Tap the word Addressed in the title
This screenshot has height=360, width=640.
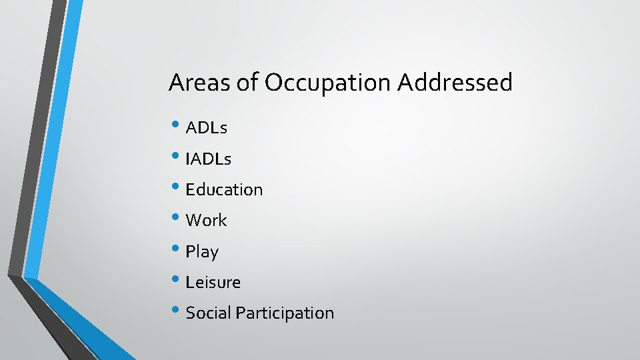pos(455,83)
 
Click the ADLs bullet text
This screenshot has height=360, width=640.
pos(207,128)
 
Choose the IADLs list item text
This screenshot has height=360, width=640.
pos(209,159)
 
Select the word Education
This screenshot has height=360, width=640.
pos(225,190)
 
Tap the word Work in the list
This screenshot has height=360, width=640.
pos(207,221)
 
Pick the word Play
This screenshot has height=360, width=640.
pos(202,252)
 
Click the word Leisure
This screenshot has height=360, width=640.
pos(213,282)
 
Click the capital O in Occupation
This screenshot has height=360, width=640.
pos(275,83)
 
